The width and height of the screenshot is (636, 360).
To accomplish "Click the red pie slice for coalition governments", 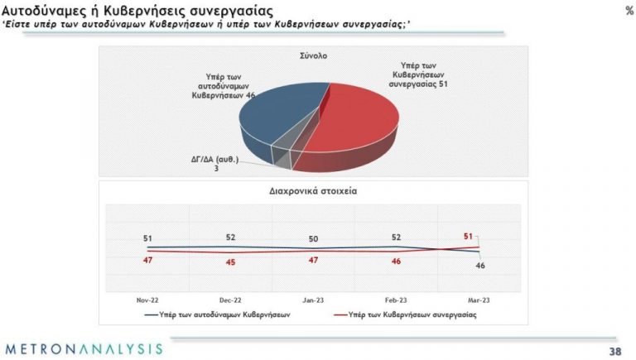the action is tap(353, 126).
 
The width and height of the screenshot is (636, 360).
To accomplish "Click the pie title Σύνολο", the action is tap(314, 56).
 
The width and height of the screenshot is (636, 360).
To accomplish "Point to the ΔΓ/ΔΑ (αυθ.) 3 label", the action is tap(215, 163).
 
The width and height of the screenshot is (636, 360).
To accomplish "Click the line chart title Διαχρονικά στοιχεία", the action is tap(313, 191).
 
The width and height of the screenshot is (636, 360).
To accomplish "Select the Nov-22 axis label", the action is tap(147, 300).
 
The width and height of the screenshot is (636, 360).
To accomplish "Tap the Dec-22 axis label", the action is tap(230, 300).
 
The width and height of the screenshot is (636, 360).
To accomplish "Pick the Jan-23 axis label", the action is tap(313, 300).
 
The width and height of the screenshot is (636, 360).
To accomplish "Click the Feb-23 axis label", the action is tap(396, 300).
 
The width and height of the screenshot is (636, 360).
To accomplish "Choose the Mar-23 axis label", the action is tap(479, 300).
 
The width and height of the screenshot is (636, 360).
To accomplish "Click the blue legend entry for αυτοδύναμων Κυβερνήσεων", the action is tap(218, 314).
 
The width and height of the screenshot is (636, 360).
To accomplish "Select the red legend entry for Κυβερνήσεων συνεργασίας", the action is tap(405, 314).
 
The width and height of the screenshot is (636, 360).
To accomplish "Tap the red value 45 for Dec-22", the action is tap(230, 262).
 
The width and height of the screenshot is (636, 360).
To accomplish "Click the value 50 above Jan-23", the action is tap(313, 239).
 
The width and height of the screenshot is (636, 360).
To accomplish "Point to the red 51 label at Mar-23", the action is tap(468, 236).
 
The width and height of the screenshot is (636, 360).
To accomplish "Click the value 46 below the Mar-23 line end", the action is tap(480, 266).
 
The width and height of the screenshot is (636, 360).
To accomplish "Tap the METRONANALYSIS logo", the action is tap(84, 349).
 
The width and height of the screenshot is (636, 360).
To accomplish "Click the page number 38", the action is tap(615, 351).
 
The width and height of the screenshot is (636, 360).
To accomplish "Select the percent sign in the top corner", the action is tap(629, 11).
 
